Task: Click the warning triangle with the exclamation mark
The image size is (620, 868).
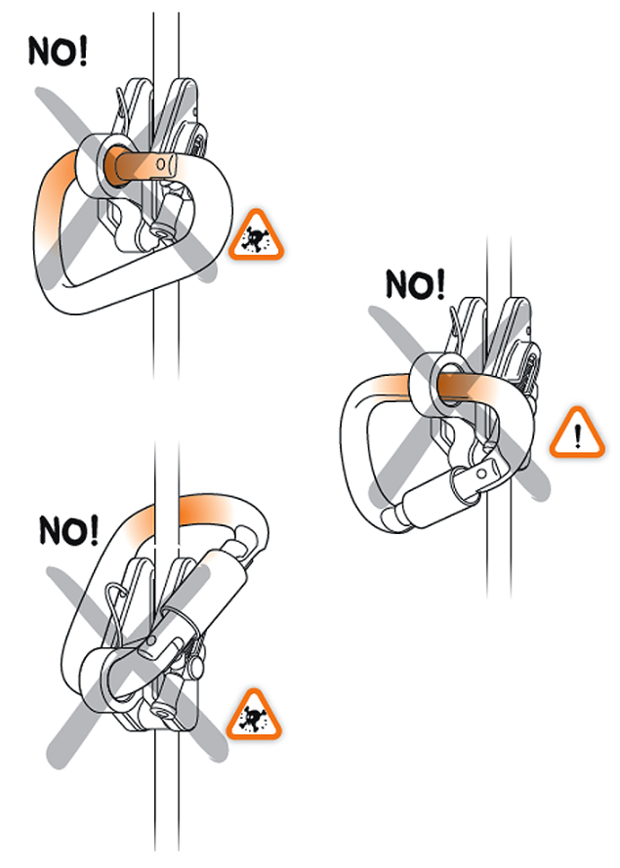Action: coord(577,434)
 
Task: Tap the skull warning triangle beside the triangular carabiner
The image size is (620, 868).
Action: coord(257,236)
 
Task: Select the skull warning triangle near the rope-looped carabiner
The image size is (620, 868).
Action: coord(254,717)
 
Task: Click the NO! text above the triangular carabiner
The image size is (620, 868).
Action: coord(58,52)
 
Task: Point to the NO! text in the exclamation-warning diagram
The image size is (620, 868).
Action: coord(415,284)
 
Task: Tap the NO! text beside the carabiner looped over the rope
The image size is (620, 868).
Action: coord(68,531)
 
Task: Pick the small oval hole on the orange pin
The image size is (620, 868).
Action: coord(160,163)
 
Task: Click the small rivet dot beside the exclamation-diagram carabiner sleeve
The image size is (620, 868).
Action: coord(481,474)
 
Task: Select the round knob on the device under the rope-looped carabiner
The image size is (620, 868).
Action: coord(196,668)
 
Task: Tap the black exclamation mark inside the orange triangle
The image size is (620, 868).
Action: coord(578,435)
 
